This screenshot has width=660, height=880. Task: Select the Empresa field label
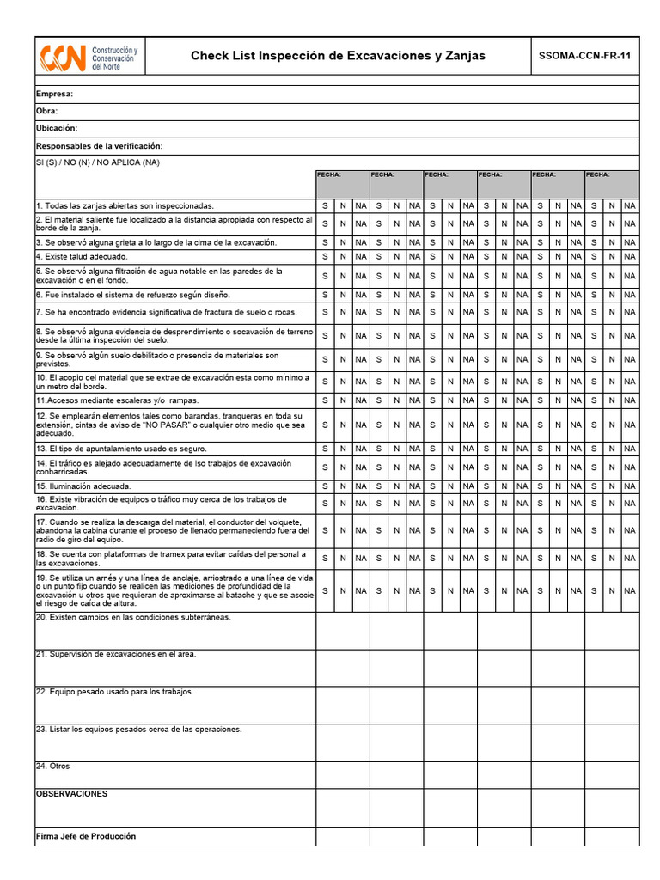tap(54, 94)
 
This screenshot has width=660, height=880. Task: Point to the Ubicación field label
tap(57, 128)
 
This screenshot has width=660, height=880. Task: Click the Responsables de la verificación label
tap(100, 146)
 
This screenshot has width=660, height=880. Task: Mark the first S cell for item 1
tap(325, 206)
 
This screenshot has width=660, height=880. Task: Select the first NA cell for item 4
tap(361, 256)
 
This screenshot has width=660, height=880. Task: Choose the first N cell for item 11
tap(343, 400)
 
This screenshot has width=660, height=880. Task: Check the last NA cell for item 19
tap(630, 590)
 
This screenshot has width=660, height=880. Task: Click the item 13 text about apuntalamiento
tap(121, 449)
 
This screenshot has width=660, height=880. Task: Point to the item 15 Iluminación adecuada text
tap(83, 486)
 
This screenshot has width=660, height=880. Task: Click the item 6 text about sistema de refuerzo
tap(132, 295)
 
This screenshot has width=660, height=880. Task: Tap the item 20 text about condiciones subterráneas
tap(133, 617)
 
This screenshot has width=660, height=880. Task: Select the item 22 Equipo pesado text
tap(114, 691)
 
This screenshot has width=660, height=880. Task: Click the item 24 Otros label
tap(52, 766)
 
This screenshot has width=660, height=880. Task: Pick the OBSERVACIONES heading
tap(71, 793)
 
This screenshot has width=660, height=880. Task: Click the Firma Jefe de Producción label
tap(85, 836)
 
